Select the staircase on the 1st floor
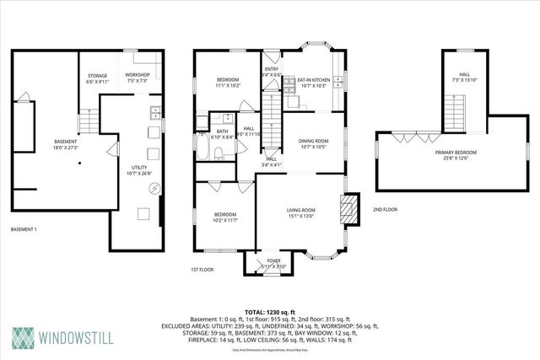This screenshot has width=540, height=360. pos(271,122)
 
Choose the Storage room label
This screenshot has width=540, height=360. pos(97,80)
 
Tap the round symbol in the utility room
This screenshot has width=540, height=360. pos(154,188)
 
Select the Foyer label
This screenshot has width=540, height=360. pos(274,262)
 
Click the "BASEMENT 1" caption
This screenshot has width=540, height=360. pos(24,228)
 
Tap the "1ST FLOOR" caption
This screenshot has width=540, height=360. pos(201,270)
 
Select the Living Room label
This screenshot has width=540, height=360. pos(301,212)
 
